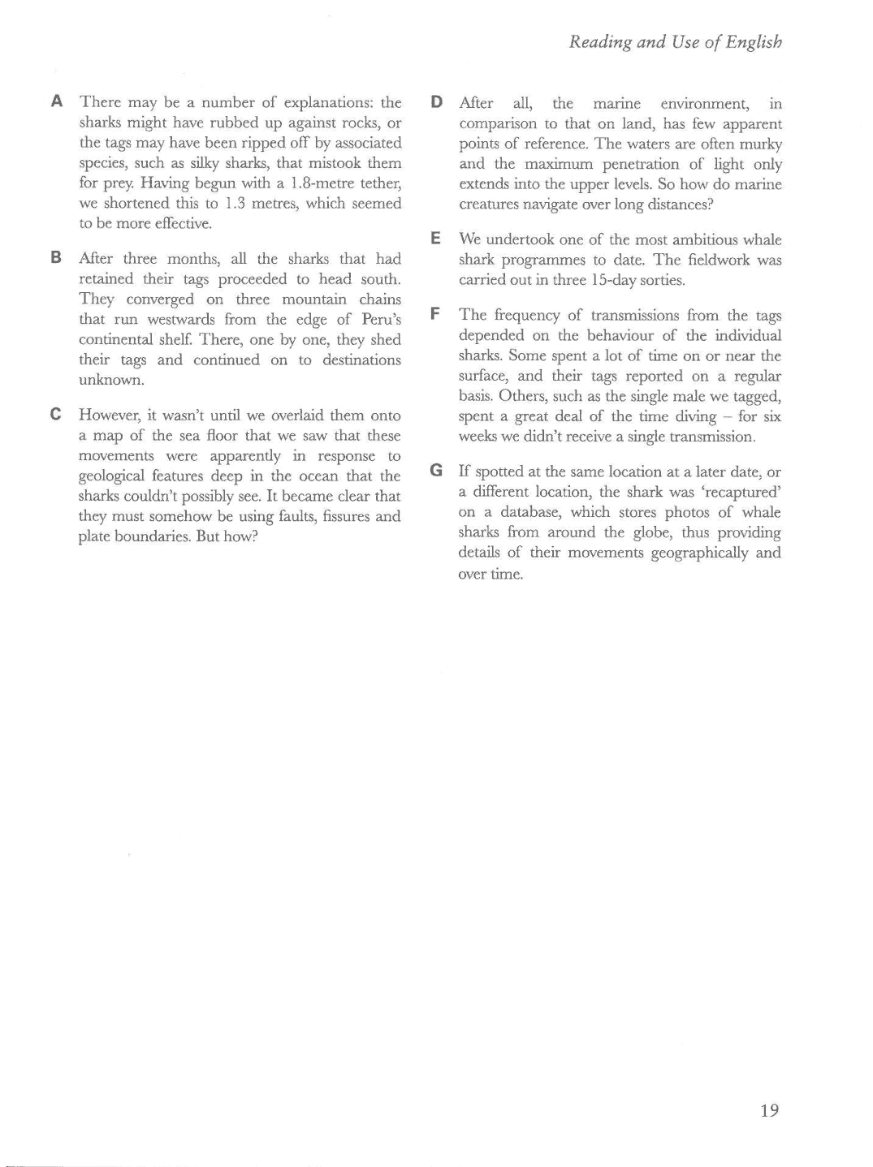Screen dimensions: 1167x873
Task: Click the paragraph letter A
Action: pos(57,102)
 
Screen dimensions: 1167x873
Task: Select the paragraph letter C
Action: pos(56,415)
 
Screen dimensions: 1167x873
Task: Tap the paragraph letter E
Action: pos(435,239)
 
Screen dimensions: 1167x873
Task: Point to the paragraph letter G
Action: pos(436,471)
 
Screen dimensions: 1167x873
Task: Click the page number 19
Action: pos(770,1111)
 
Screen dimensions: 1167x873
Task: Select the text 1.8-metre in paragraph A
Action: pos(323,183)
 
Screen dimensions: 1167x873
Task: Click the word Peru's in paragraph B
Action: pos(382,320)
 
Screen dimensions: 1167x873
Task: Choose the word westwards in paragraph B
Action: pos(180,320)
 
